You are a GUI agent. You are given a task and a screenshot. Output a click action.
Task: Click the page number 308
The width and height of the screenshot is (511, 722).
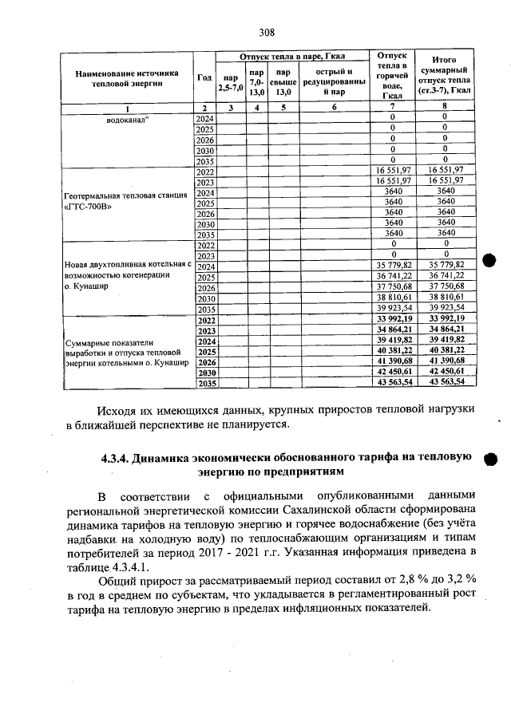tap(267, 33)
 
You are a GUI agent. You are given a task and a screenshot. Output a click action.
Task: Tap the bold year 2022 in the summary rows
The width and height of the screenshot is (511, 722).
tap(206, 318)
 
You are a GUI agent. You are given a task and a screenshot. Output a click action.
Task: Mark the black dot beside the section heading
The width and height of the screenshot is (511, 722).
tap(490, 460)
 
